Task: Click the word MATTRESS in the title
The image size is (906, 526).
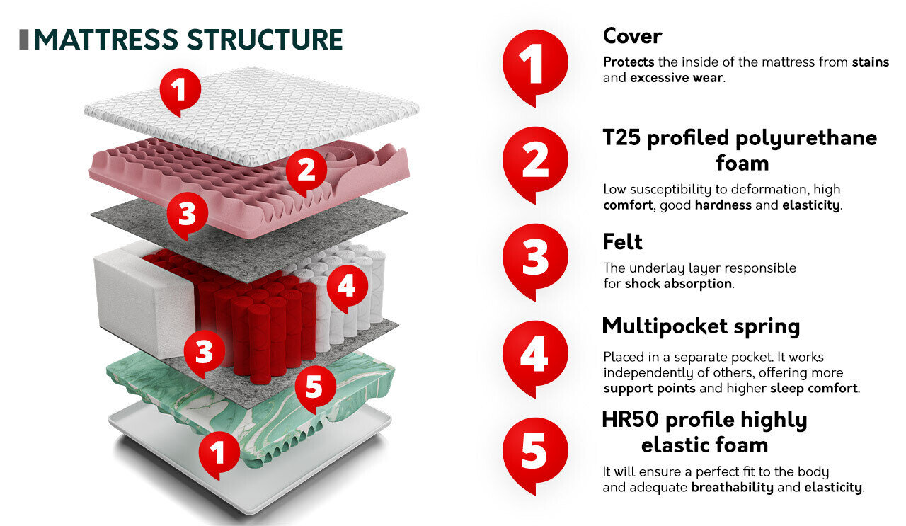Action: click(106, 40)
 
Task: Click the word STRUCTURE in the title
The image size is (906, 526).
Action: click(265, 40)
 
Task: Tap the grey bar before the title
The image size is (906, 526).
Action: click(24, 40)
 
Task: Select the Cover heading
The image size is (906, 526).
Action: click(632, 36)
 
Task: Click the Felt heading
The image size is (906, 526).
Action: click(622, 242)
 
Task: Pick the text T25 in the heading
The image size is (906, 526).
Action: click(621, 137)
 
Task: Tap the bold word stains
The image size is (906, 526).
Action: click(871, 62)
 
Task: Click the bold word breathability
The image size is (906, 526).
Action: click(732, 487)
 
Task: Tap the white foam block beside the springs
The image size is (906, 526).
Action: click(142, 299)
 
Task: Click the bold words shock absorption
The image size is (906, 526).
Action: click(678, 284)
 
